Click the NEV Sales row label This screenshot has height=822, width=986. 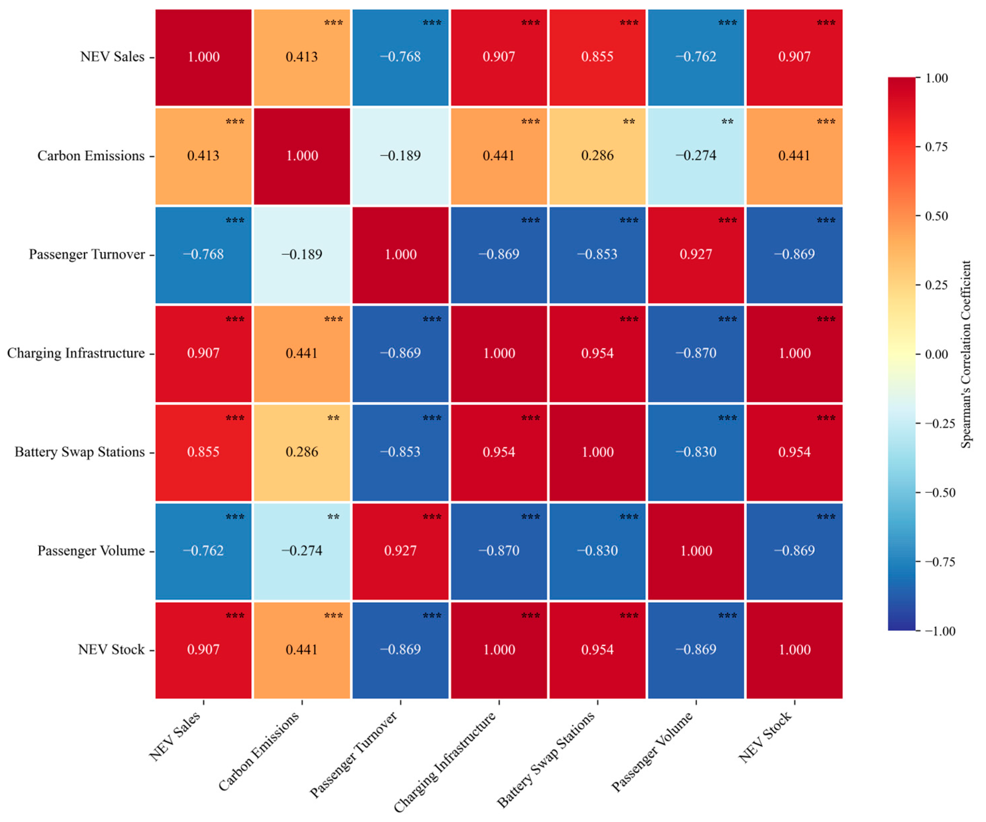(112, 57)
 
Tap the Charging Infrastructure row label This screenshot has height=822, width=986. (76, 353)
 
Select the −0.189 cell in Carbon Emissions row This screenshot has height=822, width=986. (400, 156)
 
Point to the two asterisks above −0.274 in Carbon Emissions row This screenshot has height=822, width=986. (727, 122)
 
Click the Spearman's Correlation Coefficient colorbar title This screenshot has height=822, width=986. (966, 354)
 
